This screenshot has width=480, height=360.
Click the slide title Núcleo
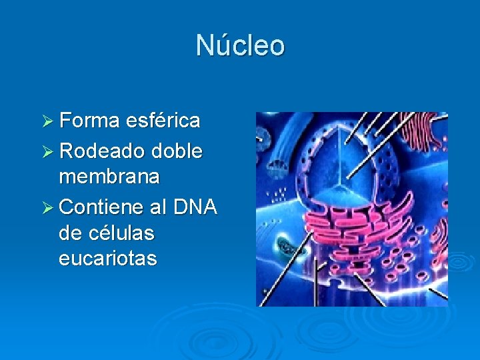[x=240, y=45]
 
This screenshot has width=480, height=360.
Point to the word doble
[x=177, y=152]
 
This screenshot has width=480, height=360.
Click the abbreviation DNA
[x=196, y=208]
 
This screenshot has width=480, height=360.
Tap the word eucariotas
[x=108, y=258]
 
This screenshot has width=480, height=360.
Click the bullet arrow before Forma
[x=47, y=121]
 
